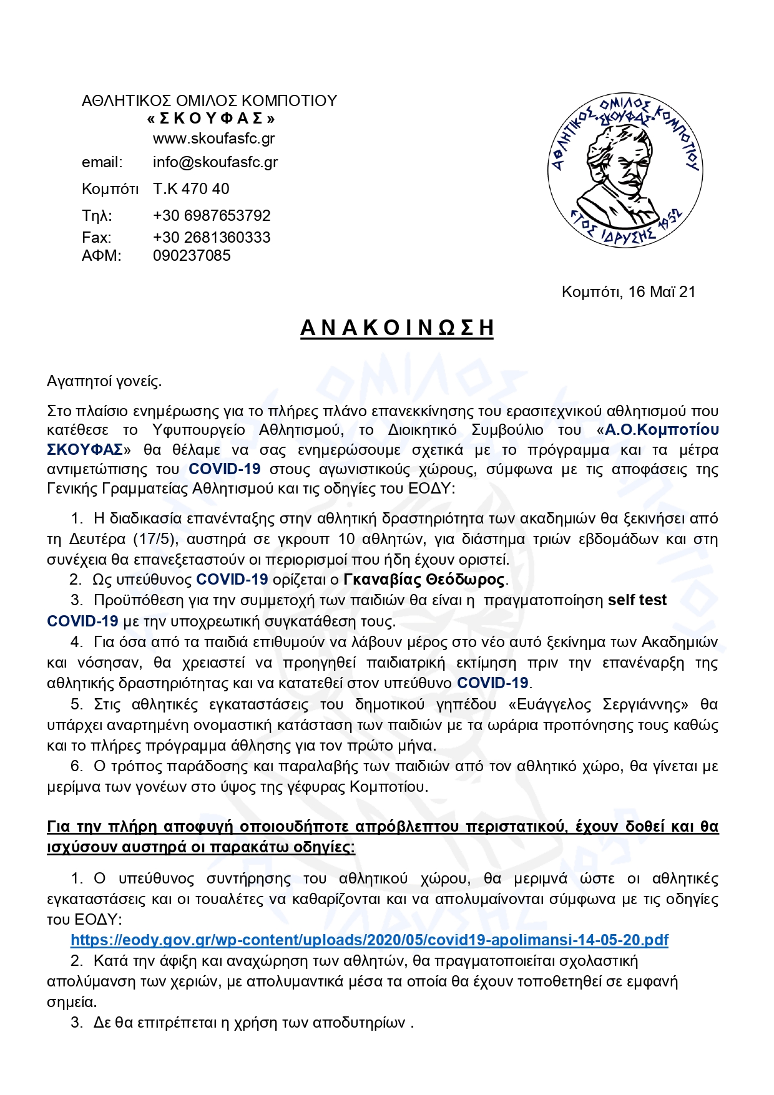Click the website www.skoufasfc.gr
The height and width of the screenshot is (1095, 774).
(x=213, y=139)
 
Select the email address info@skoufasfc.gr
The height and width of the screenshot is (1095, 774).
(x=215, y=162)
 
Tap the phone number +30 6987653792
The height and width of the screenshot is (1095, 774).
(x=212, y=216)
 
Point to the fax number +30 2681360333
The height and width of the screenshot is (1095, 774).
(x=212, y=238)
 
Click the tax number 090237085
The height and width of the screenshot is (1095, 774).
(x=192, y=256)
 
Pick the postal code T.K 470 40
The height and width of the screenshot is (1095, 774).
(x=191, y=189)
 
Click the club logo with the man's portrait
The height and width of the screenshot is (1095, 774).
(x=625, y=170)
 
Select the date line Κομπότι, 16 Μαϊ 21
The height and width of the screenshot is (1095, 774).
(x=628, y=292)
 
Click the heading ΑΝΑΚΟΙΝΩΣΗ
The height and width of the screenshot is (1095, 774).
(x=397, y=328)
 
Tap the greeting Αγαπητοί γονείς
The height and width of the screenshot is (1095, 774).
(x=104, y=381)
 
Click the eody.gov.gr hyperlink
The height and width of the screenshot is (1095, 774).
(x=369, y=940)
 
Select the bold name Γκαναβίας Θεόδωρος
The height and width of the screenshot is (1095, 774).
(x=424, y=580)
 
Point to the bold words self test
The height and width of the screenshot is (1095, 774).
(x=637, y=600)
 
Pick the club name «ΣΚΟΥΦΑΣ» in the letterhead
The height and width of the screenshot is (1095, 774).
(x=211, y=119)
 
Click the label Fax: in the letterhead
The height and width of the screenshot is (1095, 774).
(x=96, y=238)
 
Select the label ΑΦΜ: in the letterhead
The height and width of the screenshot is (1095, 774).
(x=101, y=256)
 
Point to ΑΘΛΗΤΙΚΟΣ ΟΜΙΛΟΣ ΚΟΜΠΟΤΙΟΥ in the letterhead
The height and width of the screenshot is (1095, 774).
(x=209, y=101)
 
